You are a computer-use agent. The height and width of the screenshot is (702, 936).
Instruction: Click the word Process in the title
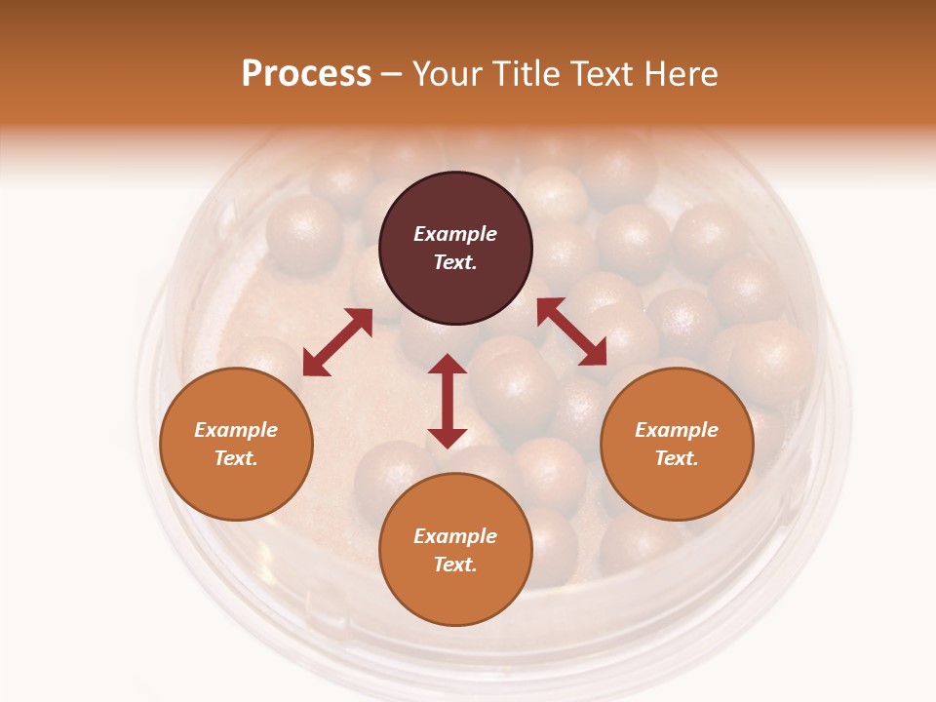coord(306,74)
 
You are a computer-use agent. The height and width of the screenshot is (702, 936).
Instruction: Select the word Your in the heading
coord(445,74)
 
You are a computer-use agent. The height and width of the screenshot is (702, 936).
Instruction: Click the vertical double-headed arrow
coord(448,401)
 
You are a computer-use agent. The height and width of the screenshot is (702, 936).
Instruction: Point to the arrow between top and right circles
coord(571,332)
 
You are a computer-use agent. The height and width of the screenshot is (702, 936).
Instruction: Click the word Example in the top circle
coord(455,234)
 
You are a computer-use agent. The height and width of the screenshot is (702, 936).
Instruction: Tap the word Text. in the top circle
coord(455,262)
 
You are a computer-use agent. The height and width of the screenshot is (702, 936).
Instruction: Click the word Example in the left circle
coord(236,430)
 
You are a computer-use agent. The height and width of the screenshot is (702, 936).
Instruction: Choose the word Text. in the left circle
coord(236,458)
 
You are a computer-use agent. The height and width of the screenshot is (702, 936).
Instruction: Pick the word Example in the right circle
coord(677,430)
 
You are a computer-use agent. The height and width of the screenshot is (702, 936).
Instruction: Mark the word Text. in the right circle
coord(677,458)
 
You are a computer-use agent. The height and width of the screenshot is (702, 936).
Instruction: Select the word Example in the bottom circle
coord(455,536)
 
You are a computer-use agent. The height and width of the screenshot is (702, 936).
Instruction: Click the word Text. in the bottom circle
coord(455,565)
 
